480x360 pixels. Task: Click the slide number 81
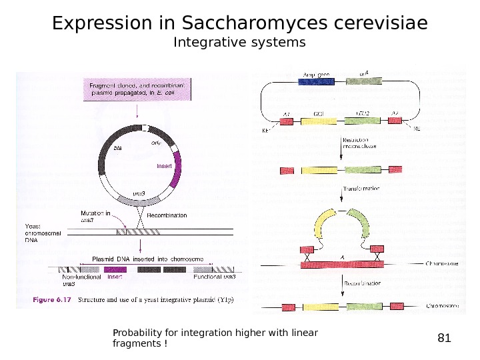point(444,338)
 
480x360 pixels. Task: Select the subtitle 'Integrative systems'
point(239,43)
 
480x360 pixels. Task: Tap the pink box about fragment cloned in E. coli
point(137,89)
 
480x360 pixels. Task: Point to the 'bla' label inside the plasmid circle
point(119,149)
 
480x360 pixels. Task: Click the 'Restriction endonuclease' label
point(361,143)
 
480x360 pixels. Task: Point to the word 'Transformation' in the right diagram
point(361,189)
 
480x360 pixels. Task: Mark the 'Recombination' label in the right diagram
point(363,283)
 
